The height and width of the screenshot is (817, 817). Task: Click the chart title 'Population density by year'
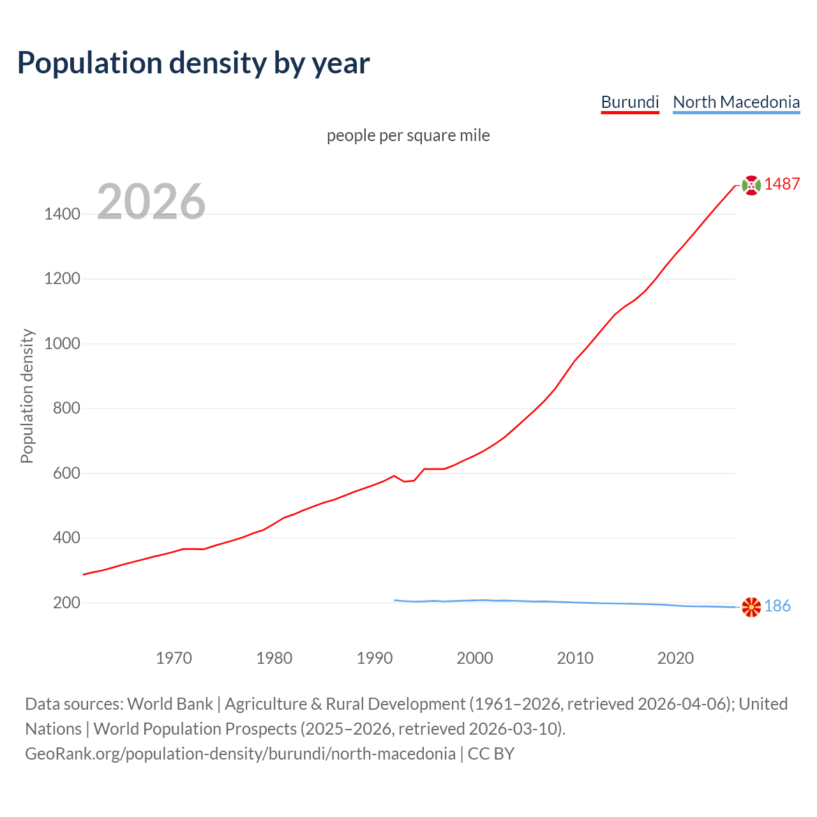coord(193,63)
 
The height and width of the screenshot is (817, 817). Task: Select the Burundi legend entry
coord(629,102)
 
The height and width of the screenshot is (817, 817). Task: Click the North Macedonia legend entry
coord(736,102)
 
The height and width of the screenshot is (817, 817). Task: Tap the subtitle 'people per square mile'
coord(408,136)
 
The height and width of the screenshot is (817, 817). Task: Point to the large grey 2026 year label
coord(151,202)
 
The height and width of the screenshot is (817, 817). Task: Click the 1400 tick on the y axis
coord(62,214)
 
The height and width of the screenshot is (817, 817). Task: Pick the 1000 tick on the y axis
coord(62,344)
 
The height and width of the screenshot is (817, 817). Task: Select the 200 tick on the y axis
coord(66,603)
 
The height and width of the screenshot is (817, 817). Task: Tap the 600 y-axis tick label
coord(66,474)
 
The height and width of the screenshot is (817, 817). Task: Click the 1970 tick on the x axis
coord(174,658)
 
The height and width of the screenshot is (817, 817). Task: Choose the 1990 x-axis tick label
coord(375,658)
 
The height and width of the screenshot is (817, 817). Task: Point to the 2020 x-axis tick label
coord(675,658)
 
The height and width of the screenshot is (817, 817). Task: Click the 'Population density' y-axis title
coord(27,396)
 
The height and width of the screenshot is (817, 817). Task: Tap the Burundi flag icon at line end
coord(751,185)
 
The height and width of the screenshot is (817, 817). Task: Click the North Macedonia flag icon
coord(751,607)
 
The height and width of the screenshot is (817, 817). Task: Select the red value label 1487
coord(782,184)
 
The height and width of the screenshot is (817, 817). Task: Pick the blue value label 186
coord(777,606)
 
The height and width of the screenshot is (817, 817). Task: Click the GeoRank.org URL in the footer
coord(240,754)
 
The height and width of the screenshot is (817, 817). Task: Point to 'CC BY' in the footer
coord(491,754)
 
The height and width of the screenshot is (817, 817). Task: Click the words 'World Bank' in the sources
coord(170,704)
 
